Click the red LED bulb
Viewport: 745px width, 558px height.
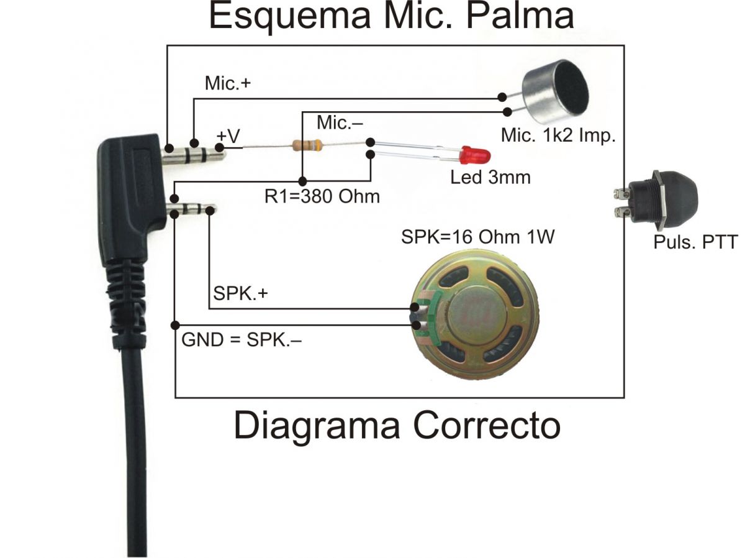coord(474,156)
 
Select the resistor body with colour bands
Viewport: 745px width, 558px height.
coord(307,145)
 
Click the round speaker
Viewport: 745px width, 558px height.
coord(475,316)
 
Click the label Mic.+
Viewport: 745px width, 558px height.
coord(228,83)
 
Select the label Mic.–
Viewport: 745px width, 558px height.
coord(340,122)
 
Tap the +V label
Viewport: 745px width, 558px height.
coord(228,136)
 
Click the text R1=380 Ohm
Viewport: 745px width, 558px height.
coord(322,196)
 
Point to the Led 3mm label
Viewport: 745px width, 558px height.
coord(490,177)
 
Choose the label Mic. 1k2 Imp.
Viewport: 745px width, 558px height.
coord(558,135)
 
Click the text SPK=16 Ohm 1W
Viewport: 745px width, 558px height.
coord(478,236)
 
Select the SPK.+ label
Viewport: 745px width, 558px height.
coord(240,293)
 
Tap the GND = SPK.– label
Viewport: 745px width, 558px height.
coord(242,340)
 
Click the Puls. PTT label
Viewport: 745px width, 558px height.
coord(695,242)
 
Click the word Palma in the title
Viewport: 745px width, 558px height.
coord(520,16)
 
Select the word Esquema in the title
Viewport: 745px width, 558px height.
coord(290,17)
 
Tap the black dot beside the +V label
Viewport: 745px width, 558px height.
coord(220,147)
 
